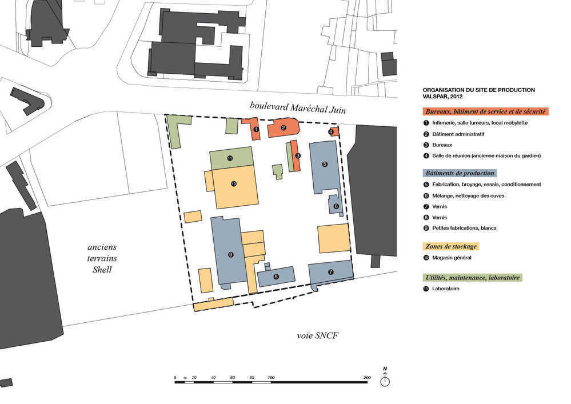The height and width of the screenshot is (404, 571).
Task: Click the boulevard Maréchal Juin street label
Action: point(298,107)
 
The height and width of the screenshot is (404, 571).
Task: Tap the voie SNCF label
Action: point(317,335)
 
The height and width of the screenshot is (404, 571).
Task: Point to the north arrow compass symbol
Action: point(385,377)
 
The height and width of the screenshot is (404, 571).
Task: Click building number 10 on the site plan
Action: point(234,184)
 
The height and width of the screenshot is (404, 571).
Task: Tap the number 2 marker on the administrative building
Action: point(283,128)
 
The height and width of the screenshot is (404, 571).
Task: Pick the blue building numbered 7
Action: point(331,272)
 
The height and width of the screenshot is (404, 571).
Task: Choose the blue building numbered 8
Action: point(276,277)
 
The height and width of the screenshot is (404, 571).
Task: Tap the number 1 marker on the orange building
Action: point(256,129)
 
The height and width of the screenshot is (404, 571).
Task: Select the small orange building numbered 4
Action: point(334,132)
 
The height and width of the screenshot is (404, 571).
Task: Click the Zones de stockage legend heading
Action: point(451,246)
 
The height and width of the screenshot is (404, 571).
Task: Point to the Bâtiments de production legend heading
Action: point(460,173)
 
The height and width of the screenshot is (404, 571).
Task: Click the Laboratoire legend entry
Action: point(446,289)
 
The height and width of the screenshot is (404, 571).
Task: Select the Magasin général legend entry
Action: point(452,258)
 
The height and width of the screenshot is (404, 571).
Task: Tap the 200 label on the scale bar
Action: point(367,378)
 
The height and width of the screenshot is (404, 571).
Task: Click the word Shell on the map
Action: point(102,270)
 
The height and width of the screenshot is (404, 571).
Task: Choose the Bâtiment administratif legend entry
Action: point(458,134)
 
